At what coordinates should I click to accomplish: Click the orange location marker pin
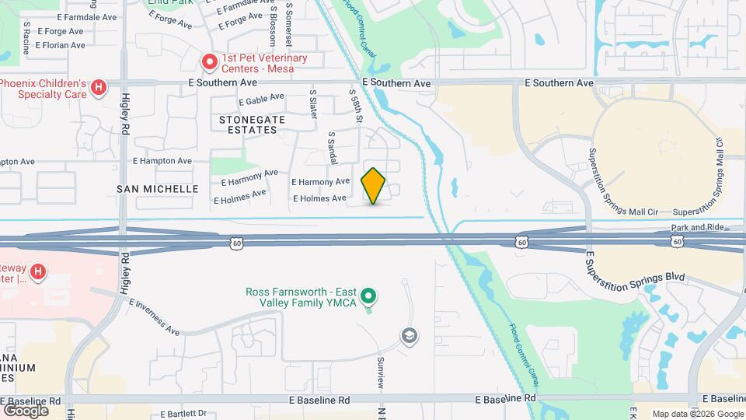pyautogui.click(x=373, y=185)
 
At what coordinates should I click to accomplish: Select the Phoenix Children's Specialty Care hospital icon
pyautogui.click(x=98, y=88)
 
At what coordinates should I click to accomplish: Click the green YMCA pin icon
pyautogui.click(x=370, y=296)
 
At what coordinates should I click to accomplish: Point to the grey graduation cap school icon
pyautogui.click(x=409, y=335)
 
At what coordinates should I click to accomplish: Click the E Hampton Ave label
pyautogui.click(x=162, y=161)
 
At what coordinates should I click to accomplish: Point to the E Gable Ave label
pyautogui.click(x=262, y=100)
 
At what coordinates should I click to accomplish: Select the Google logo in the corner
pyautogui.click(x=26, y=410)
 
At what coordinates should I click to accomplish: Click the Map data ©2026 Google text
pyautogui.click(x=697, y=414)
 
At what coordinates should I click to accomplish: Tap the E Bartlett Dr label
pyautogui.click(x=180, y=413)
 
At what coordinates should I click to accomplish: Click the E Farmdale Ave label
pyautogui.click(x=86, y=16)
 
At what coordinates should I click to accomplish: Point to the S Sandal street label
pyautogui.click(x=332, y=146)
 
